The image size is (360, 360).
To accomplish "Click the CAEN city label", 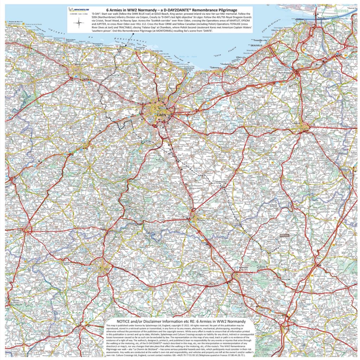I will (x=161, y=114).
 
